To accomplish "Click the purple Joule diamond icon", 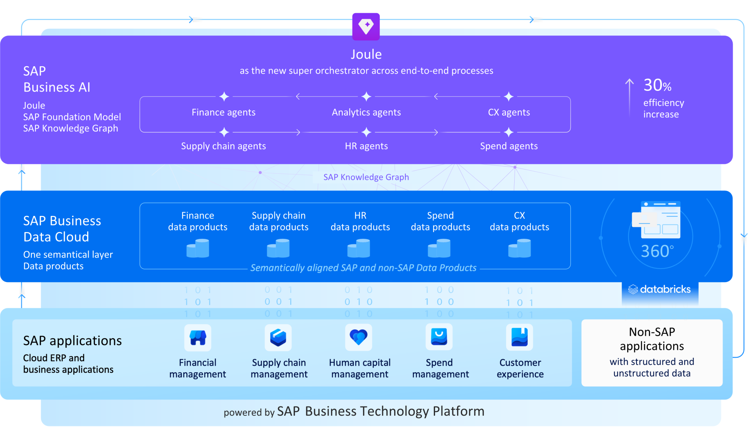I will pyautogui.click(x=366, y=26).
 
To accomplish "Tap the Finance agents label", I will pyautogui.click(x=223, y=112).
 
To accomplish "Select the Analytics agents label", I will pyautogui.click(x=366, y=112).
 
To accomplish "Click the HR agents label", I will pyautogui.click(x=366, y=146).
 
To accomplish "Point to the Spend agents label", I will pyautogui.click(x=509, y=146).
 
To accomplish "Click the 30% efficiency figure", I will pyautogui.click(x=657, y=85).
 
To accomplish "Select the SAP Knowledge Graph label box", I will pyautogui.click(x=366, y=177).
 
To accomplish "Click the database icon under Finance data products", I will pyautogui.click(x=197, y=248).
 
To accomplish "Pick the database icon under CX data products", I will pyautogui.click(x=519, y=248).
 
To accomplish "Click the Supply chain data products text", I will pyautogui.click(x=279, y=221).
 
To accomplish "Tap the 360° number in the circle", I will pyautogui.click(x=657, y=251).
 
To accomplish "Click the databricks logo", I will pyautogui.click(x=660, y=289).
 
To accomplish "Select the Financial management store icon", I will pyautogui.click(x=197, y=338).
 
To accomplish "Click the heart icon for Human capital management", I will pyautogui.click(x=358, y=338).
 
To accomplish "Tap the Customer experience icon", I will pyautogui.click(x=519, y=338).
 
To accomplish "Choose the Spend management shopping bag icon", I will pyautogui.click(x=439, y=338).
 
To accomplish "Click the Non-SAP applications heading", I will pyautogui.click(x=652, y=339).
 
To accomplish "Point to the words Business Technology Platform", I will pyautogui.click(x=395, y=411).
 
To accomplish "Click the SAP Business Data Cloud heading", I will pyautogui.click(x=62, y=229).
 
